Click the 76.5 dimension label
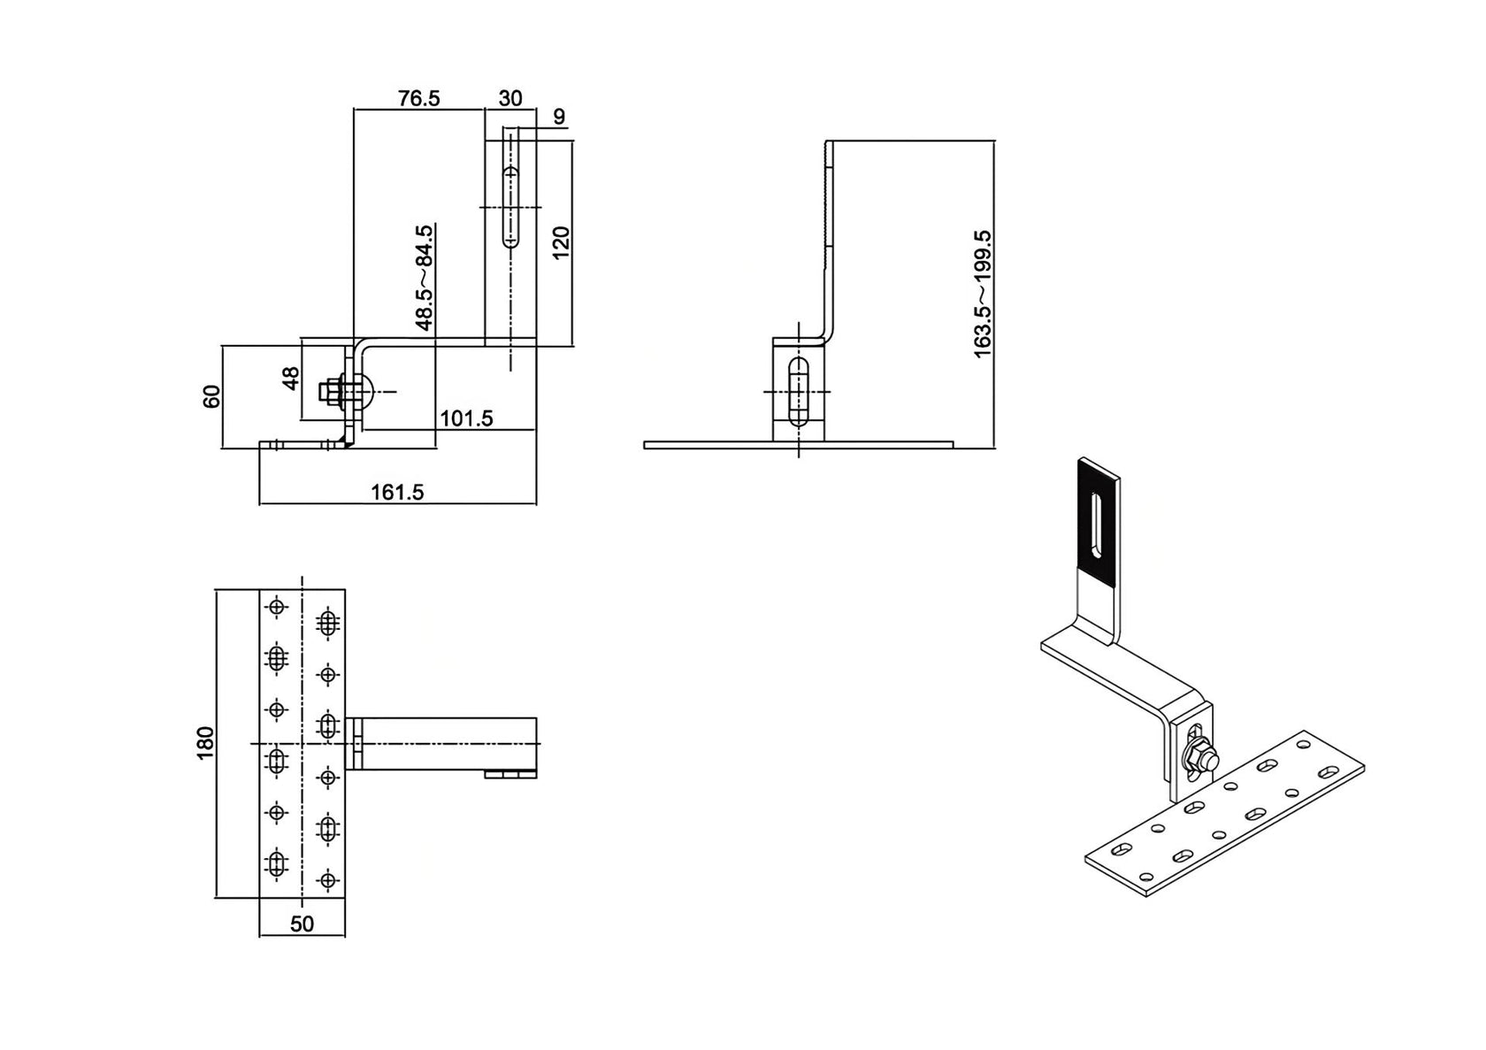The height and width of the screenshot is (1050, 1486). coord(418,97)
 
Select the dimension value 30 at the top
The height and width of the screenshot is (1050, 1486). coord(510,97)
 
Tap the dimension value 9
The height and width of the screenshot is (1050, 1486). coord(558,117)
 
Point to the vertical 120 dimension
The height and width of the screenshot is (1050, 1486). coord(561,241)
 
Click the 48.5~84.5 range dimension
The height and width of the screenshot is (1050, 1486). coord(424,277)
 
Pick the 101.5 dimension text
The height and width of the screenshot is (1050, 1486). coord(466,418)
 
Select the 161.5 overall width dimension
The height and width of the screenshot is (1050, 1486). coord(397,492)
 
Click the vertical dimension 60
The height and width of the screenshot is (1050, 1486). coord(211,397)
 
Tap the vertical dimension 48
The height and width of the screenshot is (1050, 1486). coord(290,379)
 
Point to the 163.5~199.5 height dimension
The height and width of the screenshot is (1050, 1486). coord(983,293)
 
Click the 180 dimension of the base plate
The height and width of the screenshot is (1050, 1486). coord(205,743)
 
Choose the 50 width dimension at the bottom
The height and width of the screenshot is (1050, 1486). coord(302,924)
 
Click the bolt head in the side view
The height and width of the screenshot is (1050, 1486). coord(328,390)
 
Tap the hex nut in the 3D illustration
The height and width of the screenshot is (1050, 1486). coord(1201,757)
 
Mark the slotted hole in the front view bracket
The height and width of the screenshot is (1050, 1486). coord(798,392)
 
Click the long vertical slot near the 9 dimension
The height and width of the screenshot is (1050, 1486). coord(510,203)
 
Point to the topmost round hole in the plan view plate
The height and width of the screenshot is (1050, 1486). coord(278,607)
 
